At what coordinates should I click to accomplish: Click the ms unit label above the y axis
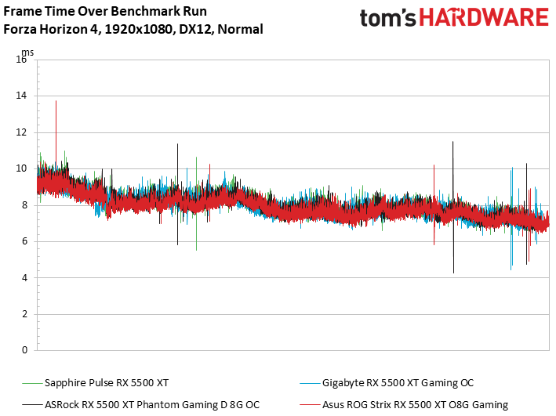point(26,52)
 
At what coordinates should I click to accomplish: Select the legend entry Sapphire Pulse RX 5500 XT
point(107,383)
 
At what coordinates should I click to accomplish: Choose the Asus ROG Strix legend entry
point(415,404)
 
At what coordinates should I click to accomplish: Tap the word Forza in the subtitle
point(20,30)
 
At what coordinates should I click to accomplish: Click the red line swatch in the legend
point(310,404)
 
